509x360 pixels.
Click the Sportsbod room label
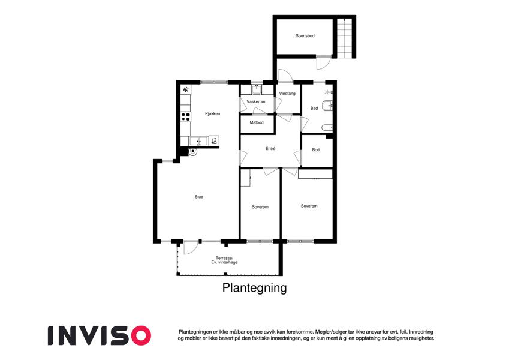pyautogui.click(x=305, y=36)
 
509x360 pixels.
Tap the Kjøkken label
pyautogui.click(x=213, y=114)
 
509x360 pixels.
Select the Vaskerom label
pyautogui.click(x=256, y=101)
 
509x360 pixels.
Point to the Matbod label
pyautogui.click(x=257, y=122)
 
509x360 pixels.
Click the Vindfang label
pyautogui.click(x=287, y=94)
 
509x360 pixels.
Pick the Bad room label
pyautogui.click(x=314, y=108)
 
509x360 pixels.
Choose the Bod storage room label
pyautogui.click(x=315, y=150)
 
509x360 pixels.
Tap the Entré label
pyautogui.click(x=270, y=148)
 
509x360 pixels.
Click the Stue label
pyautogui.click(x=199, y=197)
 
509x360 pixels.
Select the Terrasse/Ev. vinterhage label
pyautogui.click(x=224, y=260)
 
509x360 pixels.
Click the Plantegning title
pyautogui.click(x=254, y=288)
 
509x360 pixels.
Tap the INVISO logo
pyautogui.click(x=100, y=335)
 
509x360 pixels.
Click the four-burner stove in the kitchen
pyautogui.click(x=186, y=116)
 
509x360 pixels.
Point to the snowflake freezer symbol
pyautogui.click(x=186, y=89)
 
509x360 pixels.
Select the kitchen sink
pyautogui.click(x=198, y=142)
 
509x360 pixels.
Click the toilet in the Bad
pyautogui.click(x=327, y=128)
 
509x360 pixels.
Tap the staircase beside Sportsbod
pyautogui.click(x=344, y=38)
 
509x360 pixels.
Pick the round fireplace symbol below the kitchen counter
pyautogui.click(x=193, y=151)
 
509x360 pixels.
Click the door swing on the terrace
pyautogui.click(x=191, y=249)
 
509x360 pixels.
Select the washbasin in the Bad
pyautogui.click(x=327, y=106)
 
